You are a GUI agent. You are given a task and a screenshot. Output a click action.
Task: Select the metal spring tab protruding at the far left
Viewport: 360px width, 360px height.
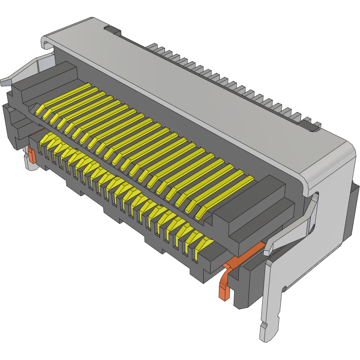tap(6, 81)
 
